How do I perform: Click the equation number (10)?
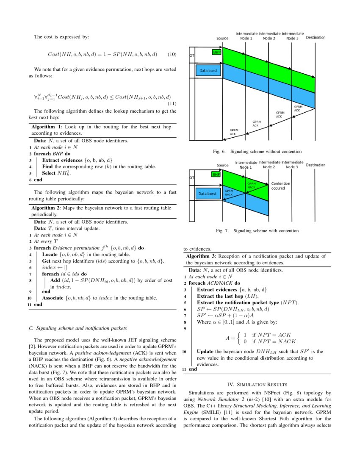click(172, 55)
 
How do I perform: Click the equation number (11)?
click(172, 103)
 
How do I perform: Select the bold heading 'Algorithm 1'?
click(47, 127)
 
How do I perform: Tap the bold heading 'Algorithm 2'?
click(47, 208)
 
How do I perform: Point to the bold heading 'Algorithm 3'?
click(201, 256)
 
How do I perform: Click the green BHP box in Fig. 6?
click(216, 52)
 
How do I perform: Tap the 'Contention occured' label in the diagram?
click(281, 186)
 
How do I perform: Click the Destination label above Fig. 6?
click(316, 38)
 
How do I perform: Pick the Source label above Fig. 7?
click(222, 165)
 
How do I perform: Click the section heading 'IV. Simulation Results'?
click(257, 384)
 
